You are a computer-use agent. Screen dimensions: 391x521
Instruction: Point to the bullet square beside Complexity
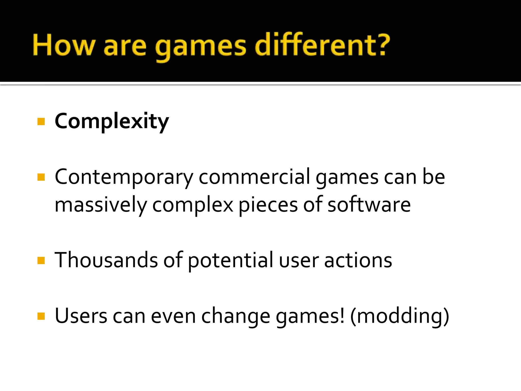tap(41, 121)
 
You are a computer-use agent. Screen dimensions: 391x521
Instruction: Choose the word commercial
tap(254, 177)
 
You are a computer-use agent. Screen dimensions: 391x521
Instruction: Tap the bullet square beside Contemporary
tap(41, 177)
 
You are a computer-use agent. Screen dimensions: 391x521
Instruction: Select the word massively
tap(101, 205)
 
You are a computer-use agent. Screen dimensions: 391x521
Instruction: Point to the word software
tap(369, 205)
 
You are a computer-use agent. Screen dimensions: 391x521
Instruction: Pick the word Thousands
tap(106, 260)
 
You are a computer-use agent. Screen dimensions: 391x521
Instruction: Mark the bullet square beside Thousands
tap(41, 260)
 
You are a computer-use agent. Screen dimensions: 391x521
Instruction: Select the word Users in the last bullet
tap(81, 316)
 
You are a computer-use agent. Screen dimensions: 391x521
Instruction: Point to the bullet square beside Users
tap(41, 316)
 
